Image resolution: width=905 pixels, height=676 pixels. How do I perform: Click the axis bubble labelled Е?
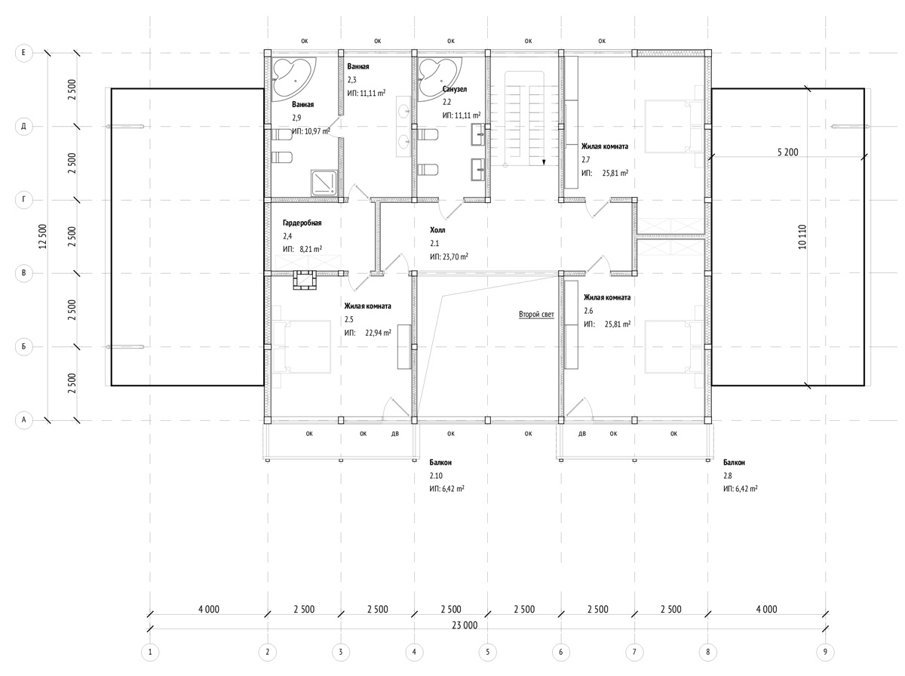23,53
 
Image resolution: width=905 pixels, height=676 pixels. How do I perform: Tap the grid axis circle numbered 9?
825,652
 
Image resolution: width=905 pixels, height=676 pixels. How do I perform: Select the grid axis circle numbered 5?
488,652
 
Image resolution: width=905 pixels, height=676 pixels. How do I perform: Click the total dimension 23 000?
465,625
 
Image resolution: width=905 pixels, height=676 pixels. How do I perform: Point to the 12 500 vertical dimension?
42,236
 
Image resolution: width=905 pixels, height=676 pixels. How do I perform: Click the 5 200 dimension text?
788,152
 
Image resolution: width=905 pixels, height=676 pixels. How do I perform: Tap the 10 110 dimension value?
802,236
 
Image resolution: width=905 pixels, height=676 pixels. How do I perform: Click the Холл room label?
437,230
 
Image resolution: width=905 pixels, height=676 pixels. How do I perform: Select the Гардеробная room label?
302,223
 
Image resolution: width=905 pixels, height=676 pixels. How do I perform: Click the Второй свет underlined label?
536,315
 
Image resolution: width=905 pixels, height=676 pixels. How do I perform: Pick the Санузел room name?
455,89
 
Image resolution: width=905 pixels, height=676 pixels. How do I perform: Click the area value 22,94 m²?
378,333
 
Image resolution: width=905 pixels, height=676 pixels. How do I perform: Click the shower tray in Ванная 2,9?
324,183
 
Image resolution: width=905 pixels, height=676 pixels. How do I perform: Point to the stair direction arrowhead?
544,162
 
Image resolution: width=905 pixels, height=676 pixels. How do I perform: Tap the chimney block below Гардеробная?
304,281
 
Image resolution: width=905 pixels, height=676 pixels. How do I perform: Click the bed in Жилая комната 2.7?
673,126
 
